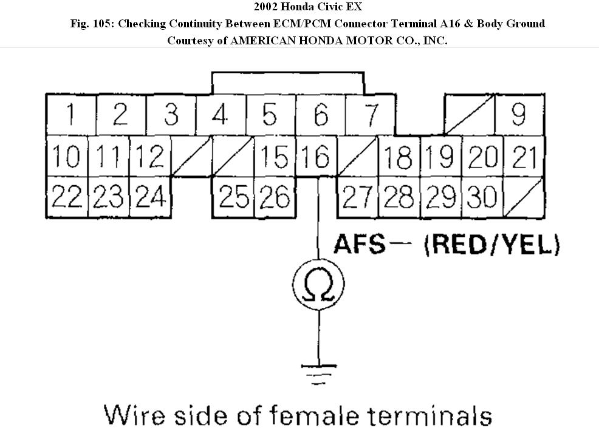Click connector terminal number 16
click(316, 157)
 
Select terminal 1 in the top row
click(71, 114)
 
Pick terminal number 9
click(518, 114)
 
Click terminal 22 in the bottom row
click(67, 197)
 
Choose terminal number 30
click(483, 197)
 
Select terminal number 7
click(371, 114)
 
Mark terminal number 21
click(524, 157)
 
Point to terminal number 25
click(233, 197)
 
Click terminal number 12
click(149, 157)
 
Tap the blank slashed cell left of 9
click(470, 114)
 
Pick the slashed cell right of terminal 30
click(524, 197)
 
